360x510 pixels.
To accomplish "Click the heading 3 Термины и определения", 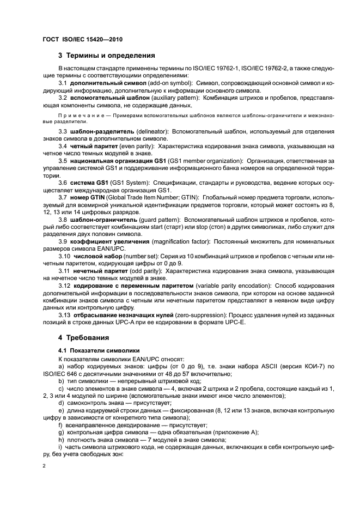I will pos(107,55).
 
